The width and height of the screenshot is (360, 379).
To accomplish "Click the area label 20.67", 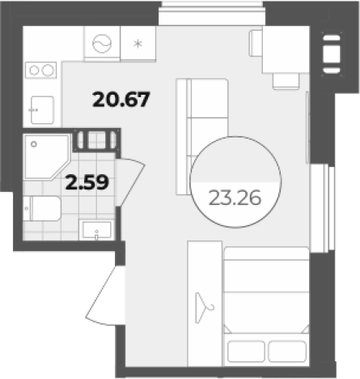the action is click(121, 100).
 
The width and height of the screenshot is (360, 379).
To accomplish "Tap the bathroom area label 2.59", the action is click(87, 182).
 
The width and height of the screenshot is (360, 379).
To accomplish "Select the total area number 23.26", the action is click(235, 198).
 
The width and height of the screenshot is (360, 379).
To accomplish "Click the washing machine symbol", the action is click(102, 44).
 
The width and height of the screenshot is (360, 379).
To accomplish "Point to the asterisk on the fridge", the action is click(138, 44).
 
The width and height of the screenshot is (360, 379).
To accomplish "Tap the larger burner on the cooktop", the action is click(48, 70).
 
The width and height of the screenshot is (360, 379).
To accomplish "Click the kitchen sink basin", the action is click(42, 110).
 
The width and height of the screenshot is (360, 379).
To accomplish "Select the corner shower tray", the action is click(47, 157).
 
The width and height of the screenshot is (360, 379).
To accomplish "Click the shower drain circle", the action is click(34, 144).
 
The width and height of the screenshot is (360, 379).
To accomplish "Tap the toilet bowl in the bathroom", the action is click(46, 208).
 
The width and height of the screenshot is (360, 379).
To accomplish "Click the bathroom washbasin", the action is click(96, 230).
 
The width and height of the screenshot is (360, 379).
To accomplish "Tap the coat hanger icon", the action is click(204, 308).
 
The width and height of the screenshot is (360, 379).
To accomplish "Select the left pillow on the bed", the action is click(246, 351).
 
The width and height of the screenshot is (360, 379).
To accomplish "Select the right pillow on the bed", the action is click(287, 351).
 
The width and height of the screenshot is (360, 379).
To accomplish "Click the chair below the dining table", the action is click(286, 81).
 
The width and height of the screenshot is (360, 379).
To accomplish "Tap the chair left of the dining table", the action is click(256, 43).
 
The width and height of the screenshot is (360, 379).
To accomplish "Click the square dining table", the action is click(286, 49).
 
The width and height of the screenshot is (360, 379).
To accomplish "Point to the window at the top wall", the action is click(212, 12).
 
